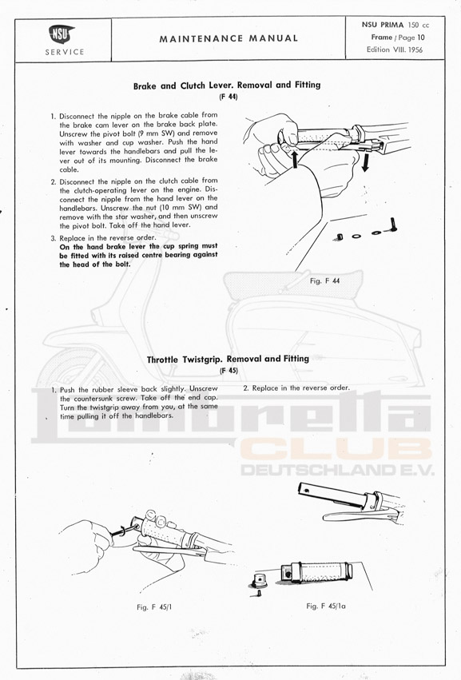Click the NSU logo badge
pos(62,34)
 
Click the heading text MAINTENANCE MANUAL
pos(229,38)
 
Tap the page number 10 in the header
pos(421,38)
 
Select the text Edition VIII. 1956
pos(394,50)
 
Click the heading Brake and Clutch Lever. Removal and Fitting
pos(227,85)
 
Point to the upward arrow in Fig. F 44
pos(296,159)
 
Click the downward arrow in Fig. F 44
pos(365,161)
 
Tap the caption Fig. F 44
pos(324,280)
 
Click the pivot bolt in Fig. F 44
pos(391,225)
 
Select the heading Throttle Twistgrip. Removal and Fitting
pos(228,359)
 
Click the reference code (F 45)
pos(229,370)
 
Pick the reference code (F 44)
pos(229,97)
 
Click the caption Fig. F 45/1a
pos(326,606)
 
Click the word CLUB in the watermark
pos(336,449)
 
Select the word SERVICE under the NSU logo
pos(65,52)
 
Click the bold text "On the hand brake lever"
pos(103,246)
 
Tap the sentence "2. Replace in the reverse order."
pos(296,388)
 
